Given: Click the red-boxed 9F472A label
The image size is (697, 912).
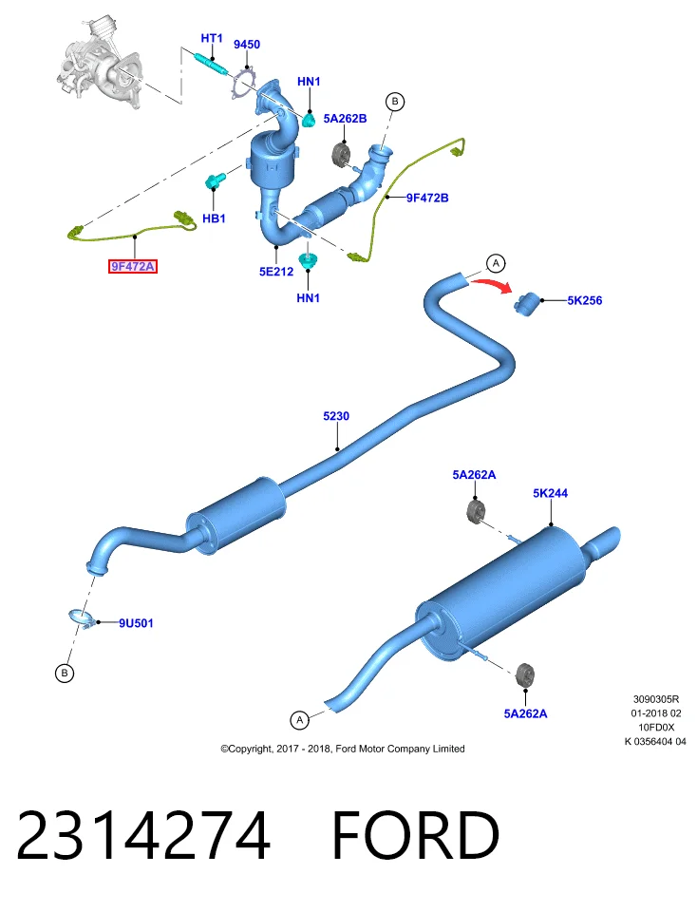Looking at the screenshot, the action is click(133, 266).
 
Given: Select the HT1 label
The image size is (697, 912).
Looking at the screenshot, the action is click(212, 38).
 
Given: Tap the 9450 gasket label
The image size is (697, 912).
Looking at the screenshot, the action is click(247, 45).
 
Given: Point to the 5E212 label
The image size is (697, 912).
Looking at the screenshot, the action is click(276, 272).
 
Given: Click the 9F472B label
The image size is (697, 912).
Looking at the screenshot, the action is click(427, 198).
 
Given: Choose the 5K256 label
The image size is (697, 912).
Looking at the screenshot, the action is click(585, 301).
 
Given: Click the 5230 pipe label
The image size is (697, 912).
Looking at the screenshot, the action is click(336, 416).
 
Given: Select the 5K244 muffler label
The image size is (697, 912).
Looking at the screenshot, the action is click(550, 493).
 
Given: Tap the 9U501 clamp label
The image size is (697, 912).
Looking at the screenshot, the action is click(136, 623).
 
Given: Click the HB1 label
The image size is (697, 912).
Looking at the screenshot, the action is click(214, 218).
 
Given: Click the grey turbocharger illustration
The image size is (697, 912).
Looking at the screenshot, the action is click(101, 62).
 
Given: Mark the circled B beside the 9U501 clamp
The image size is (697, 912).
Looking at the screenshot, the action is click(64, 674).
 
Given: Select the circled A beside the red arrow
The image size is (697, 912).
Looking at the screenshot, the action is click(496, 264).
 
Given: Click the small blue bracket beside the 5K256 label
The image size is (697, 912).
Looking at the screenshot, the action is click(527, 304).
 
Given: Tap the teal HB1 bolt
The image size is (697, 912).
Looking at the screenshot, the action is click(214, 182).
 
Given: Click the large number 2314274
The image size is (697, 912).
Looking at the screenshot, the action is click(143, 835).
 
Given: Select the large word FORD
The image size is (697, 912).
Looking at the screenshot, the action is click(416, 835).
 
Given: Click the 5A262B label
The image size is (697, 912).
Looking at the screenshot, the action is click(346, 119).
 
